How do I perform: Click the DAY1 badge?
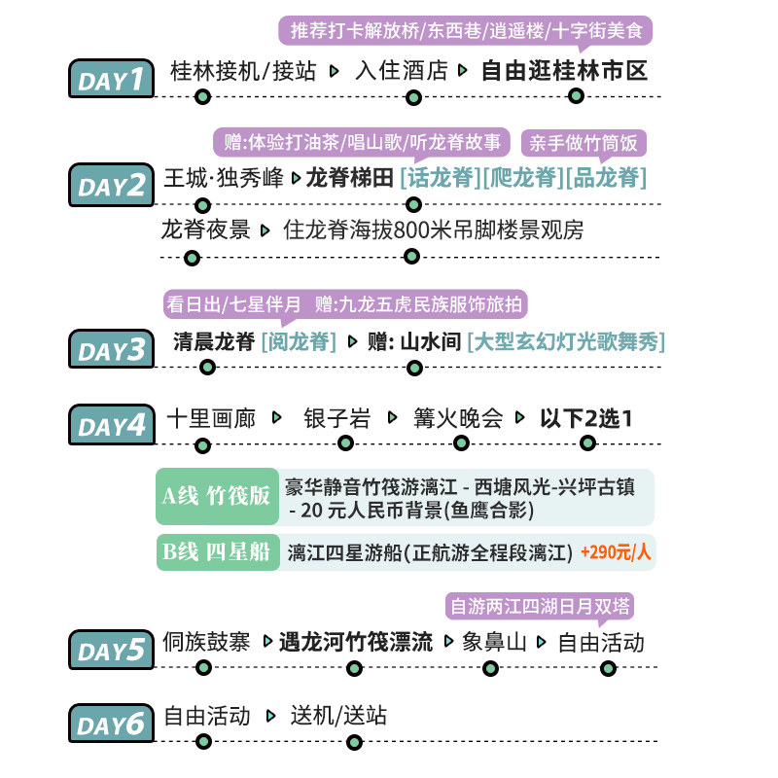111,79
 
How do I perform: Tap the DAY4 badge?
111,425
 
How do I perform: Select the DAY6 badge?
111,723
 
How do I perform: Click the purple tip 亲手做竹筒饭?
583,143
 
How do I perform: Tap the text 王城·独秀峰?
223,177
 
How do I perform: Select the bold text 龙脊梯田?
349,177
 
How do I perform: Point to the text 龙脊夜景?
205,230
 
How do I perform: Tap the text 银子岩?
337,418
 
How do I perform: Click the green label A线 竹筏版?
215,495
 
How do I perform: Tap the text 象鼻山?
494,642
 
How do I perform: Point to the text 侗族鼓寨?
206,642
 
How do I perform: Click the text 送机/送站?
338,716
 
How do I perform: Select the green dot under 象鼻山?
491,668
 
